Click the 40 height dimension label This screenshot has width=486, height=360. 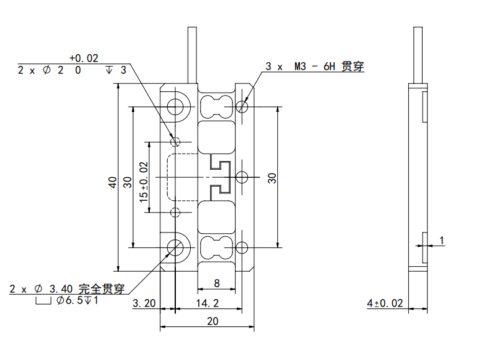tap(112, 182)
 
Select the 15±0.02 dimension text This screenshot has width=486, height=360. tap(144, 182)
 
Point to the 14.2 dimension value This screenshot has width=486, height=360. tap(206, 303)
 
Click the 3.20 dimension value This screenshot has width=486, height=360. tap(144, 303)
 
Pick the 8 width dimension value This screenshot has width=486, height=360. tap(216, 284)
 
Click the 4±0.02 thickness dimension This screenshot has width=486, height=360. tap(385, 303)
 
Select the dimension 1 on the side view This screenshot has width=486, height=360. tap(441, 239)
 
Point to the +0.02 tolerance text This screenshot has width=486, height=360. tap(84, 58)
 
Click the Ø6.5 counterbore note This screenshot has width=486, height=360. tap(73, 302)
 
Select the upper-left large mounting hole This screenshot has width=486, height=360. tap(176, 106)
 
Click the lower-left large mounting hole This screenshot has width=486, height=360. tap(176, 247)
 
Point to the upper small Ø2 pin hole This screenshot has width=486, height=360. tap(176, 141)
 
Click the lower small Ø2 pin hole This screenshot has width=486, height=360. tap(176, 213)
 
